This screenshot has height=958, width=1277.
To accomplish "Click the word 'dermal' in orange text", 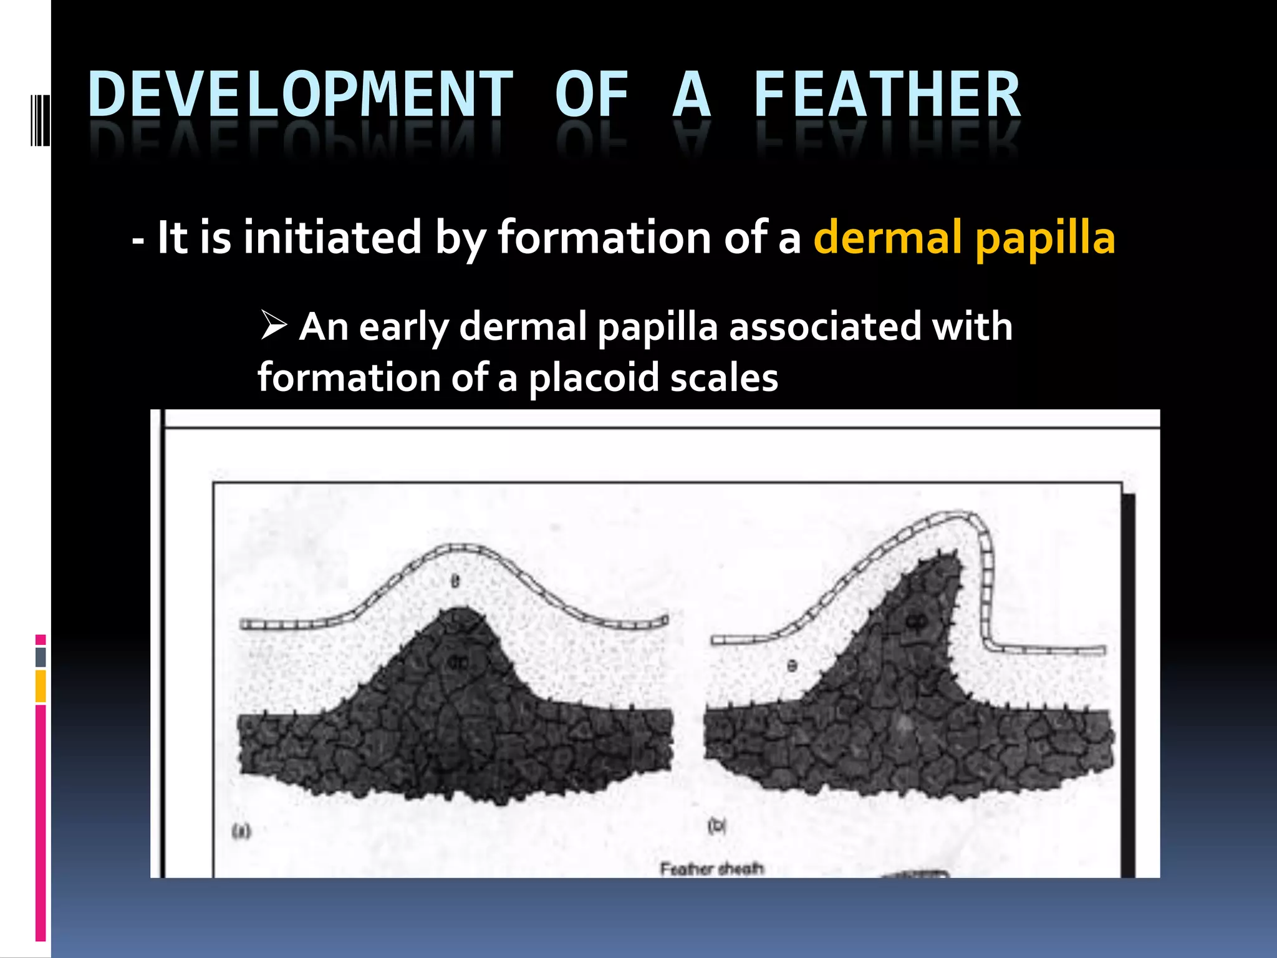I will pos(887,238).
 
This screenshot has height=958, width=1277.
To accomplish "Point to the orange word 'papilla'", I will pos(1045,239).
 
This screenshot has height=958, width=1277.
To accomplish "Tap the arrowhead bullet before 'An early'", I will pos(273,325).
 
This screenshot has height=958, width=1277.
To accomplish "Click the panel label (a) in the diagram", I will pos(241,830).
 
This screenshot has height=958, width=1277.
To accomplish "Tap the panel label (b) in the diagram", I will pos(717,826).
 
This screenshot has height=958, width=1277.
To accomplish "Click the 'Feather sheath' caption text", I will pos(711,868).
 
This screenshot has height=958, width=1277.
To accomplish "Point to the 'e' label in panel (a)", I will pos(455,581).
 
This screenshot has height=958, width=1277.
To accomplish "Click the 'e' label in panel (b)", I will pos(792,665).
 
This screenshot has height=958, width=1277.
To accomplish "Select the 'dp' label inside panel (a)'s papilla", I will pos(458,662).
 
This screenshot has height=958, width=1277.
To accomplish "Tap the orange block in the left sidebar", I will pos(41,685).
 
